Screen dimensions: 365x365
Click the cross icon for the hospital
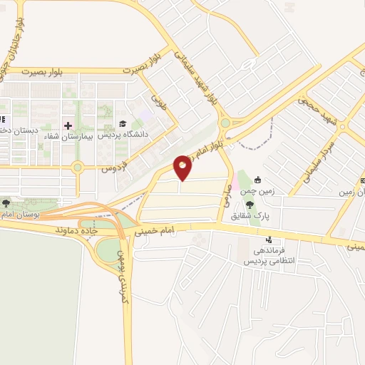68,126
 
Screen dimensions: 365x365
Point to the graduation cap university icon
123,123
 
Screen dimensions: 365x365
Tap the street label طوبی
158,101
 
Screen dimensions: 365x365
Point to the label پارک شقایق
272,207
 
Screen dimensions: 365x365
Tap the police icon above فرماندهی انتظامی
269,240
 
